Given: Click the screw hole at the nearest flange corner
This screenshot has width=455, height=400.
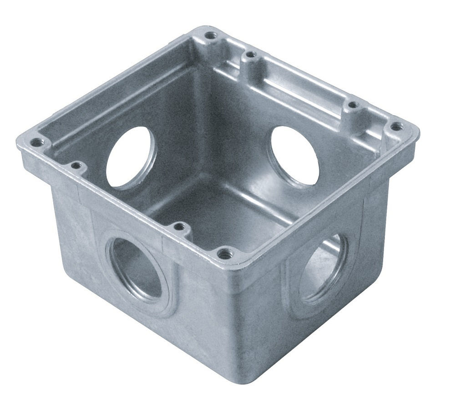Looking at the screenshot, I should (223, 253).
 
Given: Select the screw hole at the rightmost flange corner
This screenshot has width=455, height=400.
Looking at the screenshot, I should (397, 126).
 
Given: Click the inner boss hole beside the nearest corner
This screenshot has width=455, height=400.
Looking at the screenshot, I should (180, 226).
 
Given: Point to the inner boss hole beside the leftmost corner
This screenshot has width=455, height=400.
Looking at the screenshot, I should (76, 166).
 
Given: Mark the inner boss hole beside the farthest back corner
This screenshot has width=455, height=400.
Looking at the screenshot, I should (249, 55).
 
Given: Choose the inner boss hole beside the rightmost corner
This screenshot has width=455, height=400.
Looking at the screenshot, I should (353, 106).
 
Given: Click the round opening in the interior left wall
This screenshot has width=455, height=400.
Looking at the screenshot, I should (130, 157).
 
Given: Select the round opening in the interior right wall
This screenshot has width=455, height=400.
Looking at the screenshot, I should (295, 155).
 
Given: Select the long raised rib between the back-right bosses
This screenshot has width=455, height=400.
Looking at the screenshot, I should (300, 82).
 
